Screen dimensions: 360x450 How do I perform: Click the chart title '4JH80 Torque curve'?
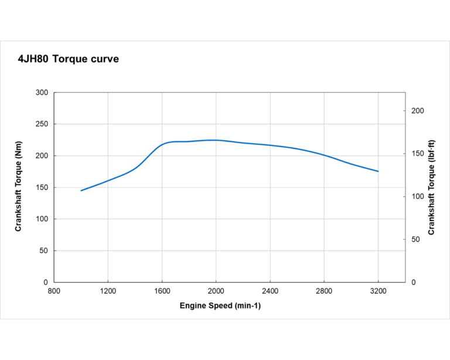pos(69,59)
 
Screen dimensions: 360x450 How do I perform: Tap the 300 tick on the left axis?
pos(42,93)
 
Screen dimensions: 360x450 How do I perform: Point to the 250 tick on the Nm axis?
pos(42,124)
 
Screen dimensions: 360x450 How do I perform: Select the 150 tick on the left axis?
pos(42,188)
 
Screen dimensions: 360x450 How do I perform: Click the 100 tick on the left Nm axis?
pos(42,219)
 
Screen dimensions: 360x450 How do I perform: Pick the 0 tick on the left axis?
pos(46,282)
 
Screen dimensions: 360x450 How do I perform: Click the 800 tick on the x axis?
pos(54,290)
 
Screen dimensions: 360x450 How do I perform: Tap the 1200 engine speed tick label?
pos(108,290)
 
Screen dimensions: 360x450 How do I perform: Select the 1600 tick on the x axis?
pos(162,290)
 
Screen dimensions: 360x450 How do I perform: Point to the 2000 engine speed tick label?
pos(216,290)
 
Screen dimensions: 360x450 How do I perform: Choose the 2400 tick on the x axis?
pos(270,290)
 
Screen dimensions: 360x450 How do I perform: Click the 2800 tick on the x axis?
pos(324,290)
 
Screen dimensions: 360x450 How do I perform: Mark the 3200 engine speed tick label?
pos(378,290)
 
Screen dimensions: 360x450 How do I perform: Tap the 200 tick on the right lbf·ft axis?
pos(418,111)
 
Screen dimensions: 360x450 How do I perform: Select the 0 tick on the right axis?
pos(414,282)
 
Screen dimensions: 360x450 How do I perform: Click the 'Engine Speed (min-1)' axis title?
pos(220,306)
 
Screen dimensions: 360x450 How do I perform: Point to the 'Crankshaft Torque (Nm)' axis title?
pos(18,187)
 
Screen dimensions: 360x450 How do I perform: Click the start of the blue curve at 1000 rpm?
pos(81,191)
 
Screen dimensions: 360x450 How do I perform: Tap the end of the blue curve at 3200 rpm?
pos(378,171)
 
